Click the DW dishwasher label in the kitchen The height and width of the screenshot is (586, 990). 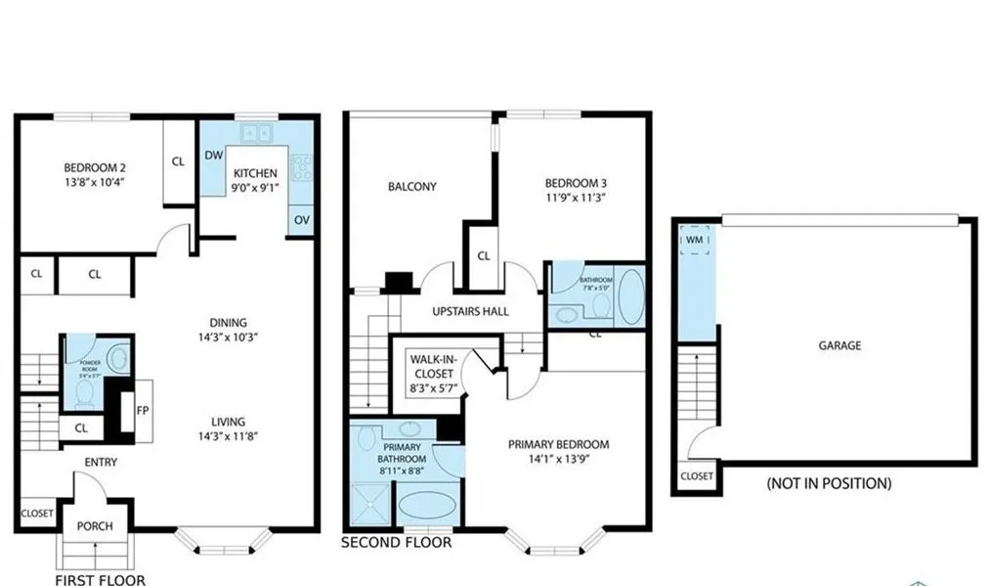212,155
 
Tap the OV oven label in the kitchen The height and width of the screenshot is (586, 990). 301,220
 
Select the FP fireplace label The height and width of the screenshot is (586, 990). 142,410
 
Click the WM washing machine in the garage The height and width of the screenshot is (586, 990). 695,240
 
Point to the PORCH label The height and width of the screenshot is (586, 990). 95,526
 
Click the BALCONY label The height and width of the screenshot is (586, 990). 411,187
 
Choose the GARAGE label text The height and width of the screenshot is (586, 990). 840,345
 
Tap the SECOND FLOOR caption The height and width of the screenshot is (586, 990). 396,542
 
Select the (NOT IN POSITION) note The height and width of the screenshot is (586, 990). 829,483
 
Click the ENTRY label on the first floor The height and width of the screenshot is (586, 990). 102,462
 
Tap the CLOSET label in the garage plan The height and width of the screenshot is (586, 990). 697,476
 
